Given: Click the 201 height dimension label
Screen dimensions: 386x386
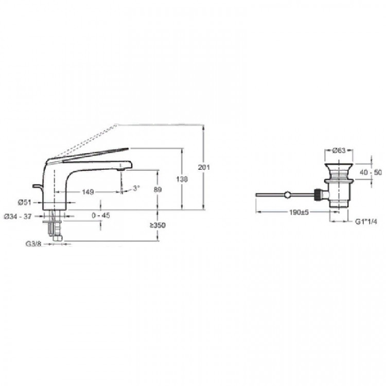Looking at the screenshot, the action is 204,167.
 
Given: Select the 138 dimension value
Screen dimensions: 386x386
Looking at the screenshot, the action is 182,179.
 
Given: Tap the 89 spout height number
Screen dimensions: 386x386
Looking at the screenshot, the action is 157,189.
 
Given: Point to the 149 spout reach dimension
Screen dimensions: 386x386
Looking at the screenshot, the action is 88,192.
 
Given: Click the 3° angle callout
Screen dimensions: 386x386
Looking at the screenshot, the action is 136,188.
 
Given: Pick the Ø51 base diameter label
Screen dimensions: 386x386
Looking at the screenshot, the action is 25,202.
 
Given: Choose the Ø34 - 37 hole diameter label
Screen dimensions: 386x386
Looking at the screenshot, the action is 18,216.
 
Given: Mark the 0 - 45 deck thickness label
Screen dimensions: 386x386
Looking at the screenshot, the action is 101,216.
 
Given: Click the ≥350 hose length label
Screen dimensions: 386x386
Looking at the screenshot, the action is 158,225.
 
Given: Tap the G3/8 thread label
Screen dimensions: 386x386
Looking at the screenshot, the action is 33,244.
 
